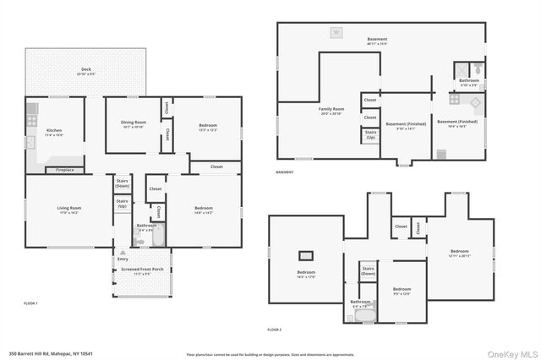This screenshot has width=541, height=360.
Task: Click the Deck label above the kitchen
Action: point(86,71)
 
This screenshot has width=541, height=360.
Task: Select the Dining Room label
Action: point(134,125)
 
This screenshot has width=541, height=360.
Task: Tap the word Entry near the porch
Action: point(123,259)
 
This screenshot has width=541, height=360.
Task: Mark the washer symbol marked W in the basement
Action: point(336,32)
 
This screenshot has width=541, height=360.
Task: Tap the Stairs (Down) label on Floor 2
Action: point(368,272)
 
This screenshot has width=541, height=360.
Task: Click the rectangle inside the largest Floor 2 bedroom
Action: point(305,254)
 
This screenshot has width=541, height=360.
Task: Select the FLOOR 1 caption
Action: point(30,303)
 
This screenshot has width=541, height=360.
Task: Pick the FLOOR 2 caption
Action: point(275,329)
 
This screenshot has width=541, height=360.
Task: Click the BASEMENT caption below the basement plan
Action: point(285,172)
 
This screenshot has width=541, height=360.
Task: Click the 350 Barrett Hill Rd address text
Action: point(48,353)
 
